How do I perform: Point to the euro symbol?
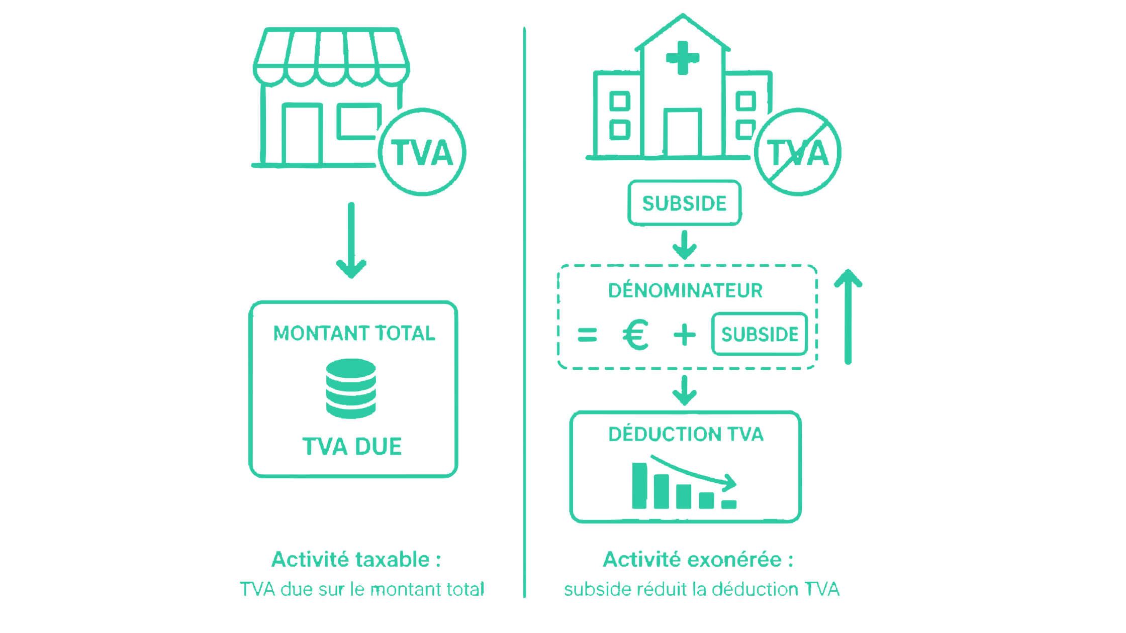[x=635, y=335]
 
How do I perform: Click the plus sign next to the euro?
[x=685, y=335]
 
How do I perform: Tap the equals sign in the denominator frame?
[x=587, y=335]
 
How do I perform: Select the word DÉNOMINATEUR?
[x=685, y=290]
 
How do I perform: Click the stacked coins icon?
[x=351, y=388]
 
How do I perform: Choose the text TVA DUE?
[x=352, y=447]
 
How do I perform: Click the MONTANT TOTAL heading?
[x=354, y=333]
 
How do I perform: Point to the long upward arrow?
[x=848, y=316]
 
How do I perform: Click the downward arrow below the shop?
[x=351, y=240]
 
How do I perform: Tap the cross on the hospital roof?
[x=683, y=58]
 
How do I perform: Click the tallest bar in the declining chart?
[x=639, y=486]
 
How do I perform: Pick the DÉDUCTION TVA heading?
[x=686, y=434]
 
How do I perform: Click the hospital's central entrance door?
[x=682, y=132]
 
